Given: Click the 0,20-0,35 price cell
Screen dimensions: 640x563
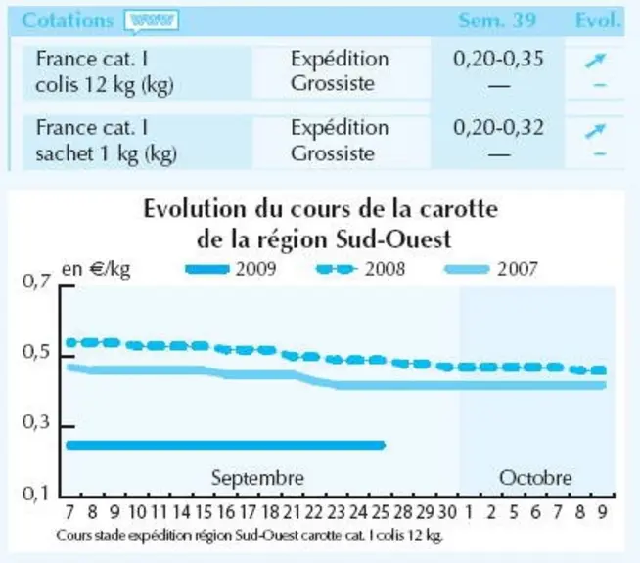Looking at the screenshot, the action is pos(498,59).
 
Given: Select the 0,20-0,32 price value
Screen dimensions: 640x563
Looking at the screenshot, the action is pos(498,128).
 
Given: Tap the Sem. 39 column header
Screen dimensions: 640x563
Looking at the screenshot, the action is pos(496,21).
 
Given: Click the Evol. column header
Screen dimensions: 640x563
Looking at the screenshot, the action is pos(598,21).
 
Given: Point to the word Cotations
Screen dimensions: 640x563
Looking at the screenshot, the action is pos(68,21).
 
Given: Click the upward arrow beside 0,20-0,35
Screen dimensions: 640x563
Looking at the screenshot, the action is pos(595,61).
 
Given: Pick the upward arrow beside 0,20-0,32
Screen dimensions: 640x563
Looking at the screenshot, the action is pos(595,130).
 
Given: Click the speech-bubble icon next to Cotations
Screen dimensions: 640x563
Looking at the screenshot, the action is pos(152,22).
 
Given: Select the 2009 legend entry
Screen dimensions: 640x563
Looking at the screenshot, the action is pos(231,269).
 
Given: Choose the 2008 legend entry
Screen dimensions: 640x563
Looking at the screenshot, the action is pos(361,269).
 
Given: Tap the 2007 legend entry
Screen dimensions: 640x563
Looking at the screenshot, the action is pos(491,269).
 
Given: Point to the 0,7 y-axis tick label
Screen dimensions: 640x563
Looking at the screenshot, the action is pos(37,281).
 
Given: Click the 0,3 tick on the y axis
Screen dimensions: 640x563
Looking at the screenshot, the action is pos(37,422).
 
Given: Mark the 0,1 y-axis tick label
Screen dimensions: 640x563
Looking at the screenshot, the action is pos(36,494).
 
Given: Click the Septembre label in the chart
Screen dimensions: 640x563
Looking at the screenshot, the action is pos(257,478).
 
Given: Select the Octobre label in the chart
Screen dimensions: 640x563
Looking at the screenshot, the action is pos(535,478).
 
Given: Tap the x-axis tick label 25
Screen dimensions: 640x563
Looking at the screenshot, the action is pos(381,512).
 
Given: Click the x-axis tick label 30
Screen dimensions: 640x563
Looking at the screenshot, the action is pos(447,512).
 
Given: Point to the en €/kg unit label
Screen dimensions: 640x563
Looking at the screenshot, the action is pos(96,269).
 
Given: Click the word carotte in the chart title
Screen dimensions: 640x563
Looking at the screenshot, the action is pos(459,209).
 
